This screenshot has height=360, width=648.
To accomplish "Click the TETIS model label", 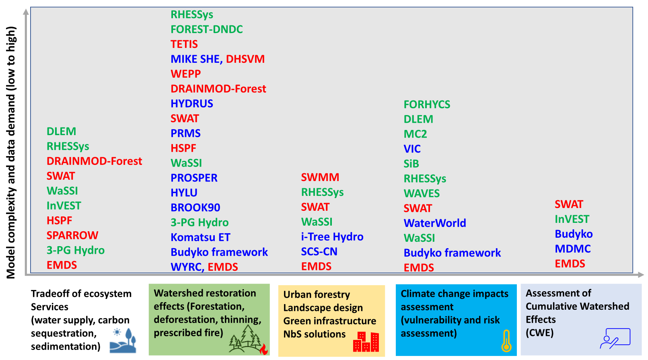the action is pos(184,44).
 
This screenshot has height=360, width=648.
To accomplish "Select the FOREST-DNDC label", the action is pos(207,29).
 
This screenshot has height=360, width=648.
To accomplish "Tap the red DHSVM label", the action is pos(245,59).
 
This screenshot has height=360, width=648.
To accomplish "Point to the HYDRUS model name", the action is pos(192,104).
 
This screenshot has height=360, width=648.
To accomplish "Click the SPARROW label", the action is pos(72,235).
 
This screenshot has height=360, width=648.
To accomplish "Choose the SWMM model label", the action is pos(320,177).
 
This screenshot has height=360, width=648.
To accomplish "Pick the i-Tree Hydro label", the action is pos(332,237).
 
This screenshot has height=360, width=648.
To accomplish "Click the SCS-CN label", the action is pos(319,251).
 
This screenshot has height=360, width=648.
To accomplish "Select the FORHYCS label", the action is pos(427,105).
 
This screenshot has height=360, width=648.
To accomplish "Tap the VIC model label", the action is pos(412,149).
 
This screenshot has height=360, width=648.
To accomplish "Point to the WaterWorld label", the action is pos(435,223).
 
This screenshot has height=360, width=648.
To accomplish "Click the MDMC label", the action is pos(572,249).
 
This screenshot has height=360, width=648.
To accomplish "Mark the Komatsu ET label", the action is pos(200,237).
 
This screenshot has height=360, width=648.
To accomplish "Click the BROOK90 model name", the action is pos(195,208).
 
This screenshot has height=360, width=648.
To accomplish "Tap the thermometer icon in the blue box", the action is pos(506,341).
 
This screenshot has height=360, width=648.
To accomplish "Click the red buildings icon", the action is pos(366,342).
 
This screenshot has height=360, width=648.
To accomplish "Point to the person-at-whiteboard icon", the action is pos(615,338).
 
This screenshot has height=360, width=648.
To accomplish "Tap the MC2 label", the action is pos(415,134).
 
